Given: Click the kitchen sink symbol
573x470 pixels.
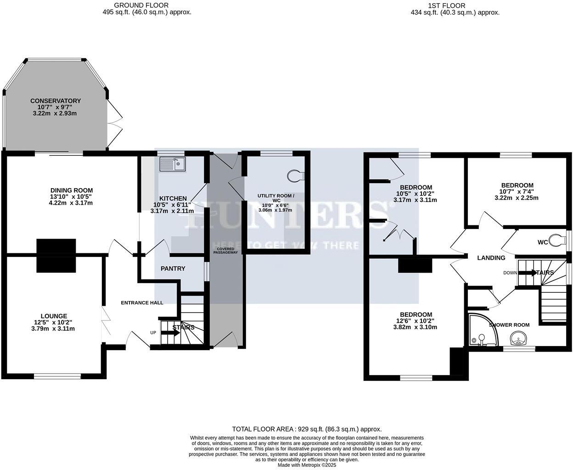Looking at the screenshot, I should click(172, 164).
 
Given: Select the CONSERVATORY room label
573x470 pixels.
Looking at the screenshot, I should click(56, 101).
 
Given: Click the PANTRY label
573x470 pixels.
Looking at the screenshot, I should click(173, 269).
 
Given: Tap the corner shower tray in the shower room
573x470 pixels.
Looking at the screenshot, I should click(481, 330).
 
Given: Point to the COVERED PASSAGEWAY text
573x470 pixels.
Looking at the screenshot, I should click(225, 250).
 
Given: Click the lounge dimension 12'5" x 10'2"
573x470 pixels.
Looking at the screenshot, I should click(54, 322).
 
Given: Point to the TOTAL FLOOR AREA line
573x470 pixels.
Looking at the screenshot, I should click(307, 429).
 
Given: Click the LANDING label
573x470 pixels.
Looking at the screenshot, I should click(491, 258).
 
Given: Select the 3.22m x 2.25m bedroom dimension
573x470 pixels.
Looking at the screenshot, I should click(516, 198).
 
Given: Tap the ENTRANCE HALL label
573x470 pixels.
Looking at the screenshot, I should click(142, 302).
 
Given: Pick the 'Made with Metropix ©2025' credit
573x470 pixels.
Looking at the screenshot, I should click(307, 465).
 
